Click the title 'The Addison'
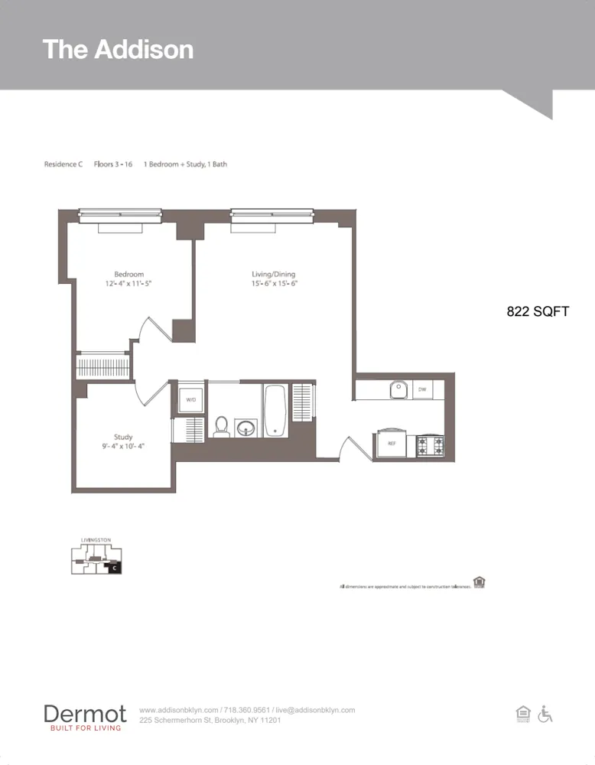click(x=118, y=49)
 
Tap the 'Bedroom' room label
click(x=128, y=274)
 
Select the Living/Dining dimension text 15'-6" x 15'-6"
click(x=273, y=283)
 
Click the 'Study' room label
click(x=123, y=437)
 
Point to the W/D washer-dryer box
click(x=189, y=399)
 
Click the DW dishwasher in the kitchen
click(x=421, y=390)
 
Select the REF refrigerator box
click(x=391, y=443)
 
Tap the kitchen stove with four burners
click(x=430, y=445)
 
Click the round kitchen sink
click(x=398, y=390)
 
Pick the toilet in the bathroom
click(x=222, y=425)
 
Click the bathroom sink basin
click(x=245, y=426)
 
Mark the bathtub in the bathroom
click(x=275, y=410)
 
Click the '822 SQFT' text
click(x=538, y=311)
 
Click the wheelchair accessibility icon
click(x=545, y=714)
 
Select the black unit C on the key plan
click(x=114, y=568)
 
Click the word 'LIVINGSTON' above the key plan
click(x=96, y=540)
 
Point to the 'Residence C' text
click(x=63, y=164)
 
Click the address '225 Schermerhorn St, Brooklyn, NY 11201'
click(x=210, y=720)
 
